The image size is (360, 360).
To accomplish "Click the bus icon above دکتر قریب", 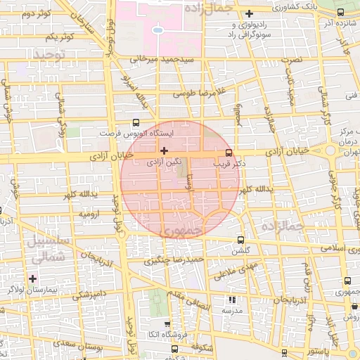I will (229, 153).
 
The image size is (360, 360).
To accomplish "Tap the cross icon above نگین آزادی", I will (164, 150).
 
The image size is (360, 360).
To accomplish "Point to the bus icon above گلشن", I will (242, 240).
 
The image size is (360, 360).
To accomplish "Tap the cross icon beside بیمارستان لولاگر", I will (32, 278).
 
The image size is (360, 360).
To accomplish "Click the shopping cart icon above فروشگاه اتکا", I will (166, 324).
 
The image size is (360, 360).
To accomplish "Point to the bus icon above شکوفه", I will (174, 347).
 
